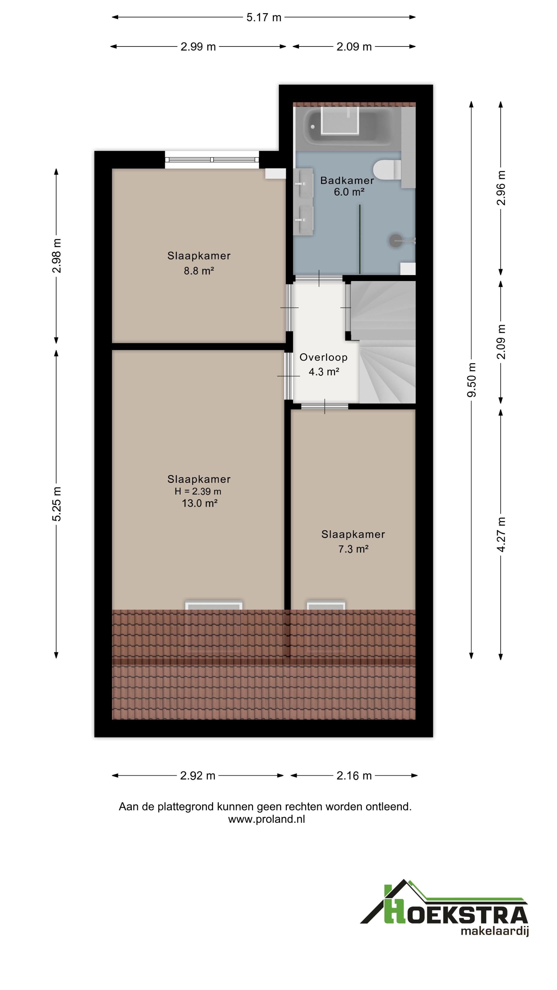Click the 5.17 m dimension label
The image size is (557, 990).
(264, 17)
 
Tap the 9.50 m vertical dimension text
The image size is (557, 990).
(472, 380)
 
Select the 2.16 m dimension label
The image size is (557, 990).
(354, 775)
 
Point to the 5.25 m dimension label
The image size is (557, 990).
(56, 504)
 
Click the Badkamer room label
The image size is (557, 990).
(347, 180)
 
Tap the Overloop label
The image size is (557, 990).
(323, 357)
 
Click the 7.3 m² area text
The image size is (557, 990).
(353, 549)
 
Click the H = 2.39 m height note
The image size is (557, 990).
(198, 491)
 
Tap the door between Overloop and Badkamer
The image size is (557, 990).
(319, 278)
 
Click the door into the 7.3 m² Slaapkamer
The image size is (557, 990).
(325, 406)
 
